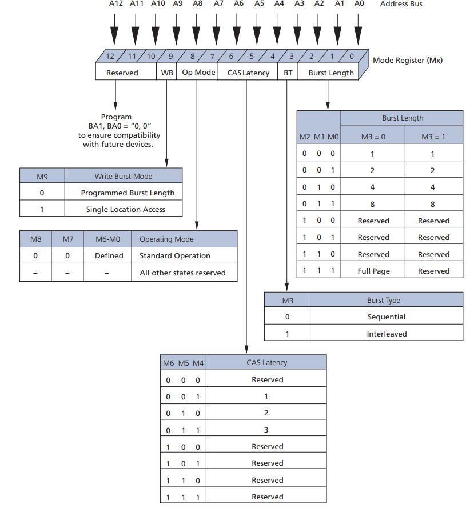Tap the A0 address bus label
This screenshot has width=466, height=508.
(x=359, y=4)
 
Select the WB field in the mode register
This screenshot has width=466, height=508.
(x=167, y=73)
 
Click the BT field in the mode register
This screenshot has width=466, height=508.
(x=288, y=73)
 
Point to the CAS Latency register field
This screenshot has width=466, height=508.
(x=248, y=73)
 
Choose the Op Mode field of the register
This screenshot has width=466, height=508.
(x=198, y=73)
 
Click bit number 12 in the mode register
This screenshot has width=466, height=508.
(x=110, y=56)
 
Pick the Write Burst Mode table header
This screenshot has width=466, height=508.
(x=124, y=176)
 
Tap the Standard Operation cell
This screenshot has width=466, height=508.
(x=175, y=255)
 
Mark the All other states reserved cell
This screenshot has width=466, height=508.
(x=182, y=273)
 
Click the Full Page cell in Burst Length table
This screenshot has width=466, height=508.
(x=373, y=271)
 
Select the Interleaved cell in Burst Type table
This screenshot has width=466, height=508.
(x=387, y=334)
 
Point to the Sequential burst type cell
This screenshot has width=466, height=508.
(x=387, y=317)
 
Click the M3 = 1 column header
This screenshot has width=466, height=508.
(x=433, y=137)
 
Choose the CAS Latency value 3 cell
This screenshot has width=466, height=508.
(x=266, y=430)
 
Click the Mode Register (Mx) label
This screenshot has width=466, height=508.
(x=408, y=60)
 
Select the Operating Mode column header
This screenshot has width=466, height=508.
(x=166, y=239)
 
